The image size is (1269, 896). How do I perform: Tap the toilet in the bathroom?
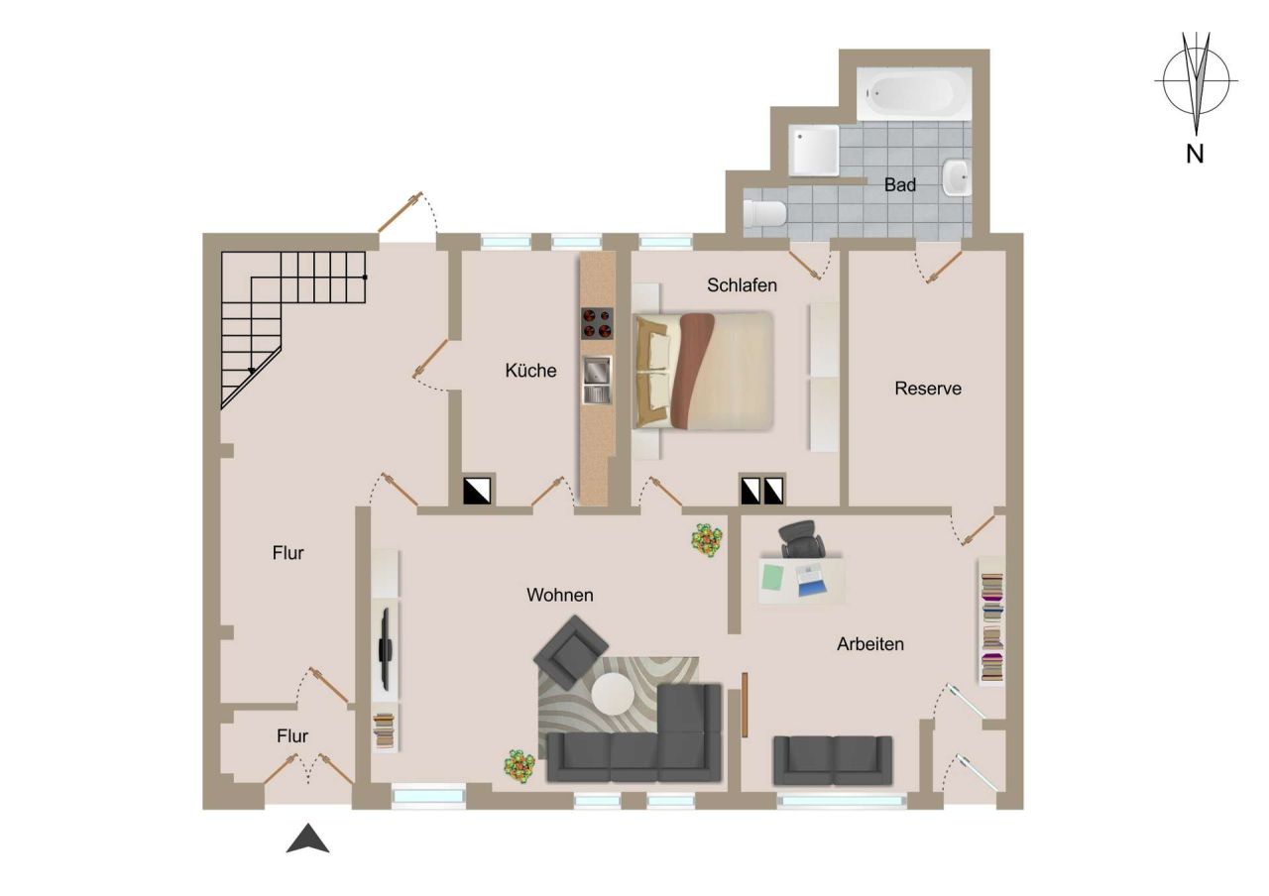click(x=764, y=211)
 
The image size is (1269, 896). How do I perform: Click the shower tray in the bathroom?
click(x=815, y=150)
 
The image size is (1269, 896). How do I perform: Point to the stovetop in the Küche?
click(x=596, y=324)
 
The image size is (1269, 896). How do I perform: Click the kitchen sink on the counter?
click(x=596, y=381)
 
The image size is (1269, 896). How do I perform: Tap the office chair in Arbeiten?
click(x=802, y=541)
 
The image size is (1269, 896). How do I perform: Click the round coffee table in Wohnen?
click(x=613, y=693)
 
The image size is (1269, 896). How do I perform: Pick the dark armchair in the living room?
click(x=571, y=651)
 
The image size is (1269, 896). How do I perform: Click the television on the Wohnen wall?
click(x=385, y=649)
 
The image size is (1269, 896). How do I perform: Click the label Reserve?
click(x=928, y=389)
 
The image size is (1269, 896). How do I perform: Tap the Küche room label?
click(x=530, y=371)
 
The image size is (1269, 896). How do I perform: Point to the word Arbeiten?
click(x=870, y=644)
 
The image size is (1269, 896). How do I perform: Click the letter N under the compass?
click(x=1195, y=155)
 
